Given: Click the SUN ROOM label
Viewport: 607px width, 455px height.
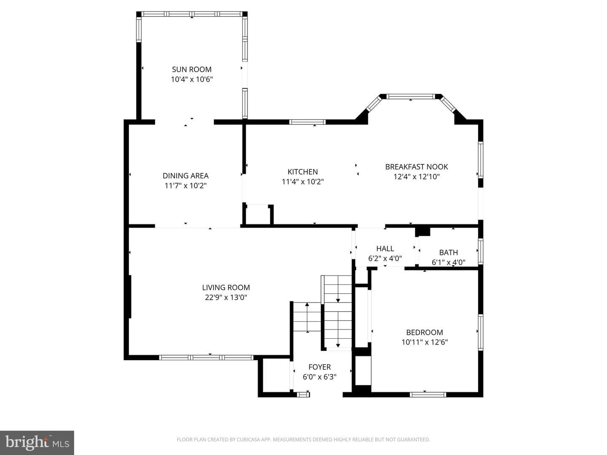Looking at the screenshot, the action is click(192, 70).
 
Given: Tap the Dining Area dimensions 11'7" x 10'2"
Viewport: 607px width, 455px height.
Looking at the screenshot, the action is click(185, 186).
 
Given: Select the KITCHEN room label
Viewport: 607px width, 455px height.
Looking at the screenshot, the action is click(303, 172).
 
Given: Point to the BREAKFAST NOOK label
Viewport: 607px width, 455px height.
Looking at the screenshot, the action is click(416, 167).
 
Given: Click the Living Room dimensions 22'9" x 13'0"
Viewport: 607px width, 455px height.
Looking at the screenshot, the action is click(226, 297).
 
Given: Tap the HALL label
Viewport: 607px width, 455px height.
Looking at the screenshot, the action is click(385, 249).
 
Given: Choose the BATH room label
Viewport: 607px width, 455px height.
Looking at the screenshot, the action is click(449, 252).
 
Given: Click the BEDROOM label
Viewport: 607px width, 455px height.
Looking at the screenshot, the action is click(424, 332).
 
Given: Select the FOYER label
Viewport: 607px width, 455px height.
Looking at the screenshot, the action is click(320, 367).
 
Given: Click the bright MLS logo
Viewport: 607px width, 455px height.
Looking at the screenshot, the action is click(37, 443).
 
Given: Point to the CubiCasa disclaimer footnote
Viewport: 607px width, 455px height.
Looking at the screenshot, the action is click(303, 439).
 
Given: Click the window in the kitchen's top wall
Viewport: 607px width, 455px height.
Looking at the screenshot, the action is click(308, 122).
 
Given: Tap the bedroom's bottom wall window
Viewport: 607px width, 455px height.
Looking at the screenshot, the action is click(428, 395).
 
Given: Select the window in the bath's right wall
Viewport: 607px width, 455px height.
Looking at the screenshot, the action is click(481, 252).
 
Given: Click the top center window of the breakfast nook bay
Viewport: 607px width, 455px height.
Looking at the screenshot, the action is click(411, 96).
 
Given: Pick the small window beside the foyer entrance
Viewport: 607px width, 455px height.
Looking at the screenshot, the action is click(303, 394).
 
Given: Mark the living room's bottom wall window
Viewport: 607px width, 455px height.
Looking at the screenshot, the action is click(206, 358).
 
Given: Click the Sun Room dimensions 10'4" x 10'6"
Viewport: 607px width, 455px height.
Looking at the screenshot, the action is click(192, 80).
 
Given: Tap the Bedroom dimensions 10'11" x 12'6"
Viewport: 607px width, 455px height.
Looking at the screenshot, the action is click(424, 342).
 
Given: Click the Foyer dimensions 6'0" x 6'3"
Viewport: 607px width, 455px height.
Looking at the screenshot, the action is click(320, 377).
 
